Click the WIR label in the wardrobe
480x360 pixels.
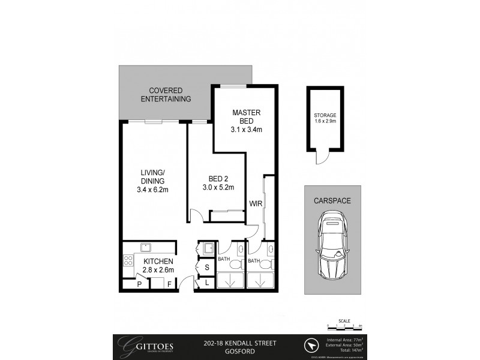(256, 205)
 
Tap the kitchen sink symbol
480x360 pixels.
(145, 246)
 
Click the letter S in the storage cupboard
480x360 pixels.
(206, 267)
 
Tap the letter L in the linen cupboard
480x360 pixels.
(206, 282)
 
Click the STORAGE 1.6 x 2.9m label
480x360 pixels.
(325, 118)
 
